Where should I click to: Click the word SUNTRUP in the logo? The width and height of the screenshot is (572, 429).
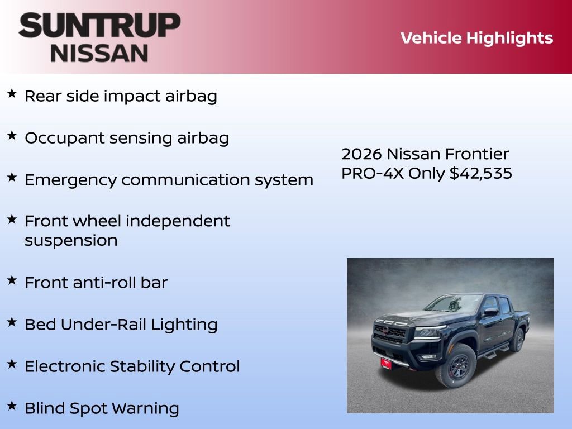(x=99, y=25)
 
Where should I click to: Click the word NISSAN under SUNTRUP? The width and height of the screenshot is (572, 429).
(x=99, y=53)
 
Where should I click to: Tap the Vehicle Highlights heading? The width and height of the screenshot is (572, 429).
(x=476, y=38)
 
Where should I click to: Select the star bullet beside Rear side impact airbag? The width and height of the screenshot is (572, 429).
(x=12, y=94)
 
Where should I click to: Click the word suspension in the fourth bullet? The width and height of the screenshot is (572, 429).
(x=71, y=241)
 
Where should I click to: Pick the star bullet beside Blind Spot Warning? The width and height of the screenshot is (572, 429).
(x=12, y=406)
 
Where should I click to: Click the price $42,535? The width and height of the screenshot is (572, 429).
(x=480, y=173)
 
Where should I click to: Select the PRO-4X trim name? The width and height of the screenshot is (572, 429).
(x=372, y=173)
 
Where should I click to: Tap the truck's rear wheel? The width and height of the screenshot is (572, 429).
(x=518, y=340)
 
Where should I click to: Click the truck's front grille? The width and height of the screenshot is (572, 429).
(x=389, y=334)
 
